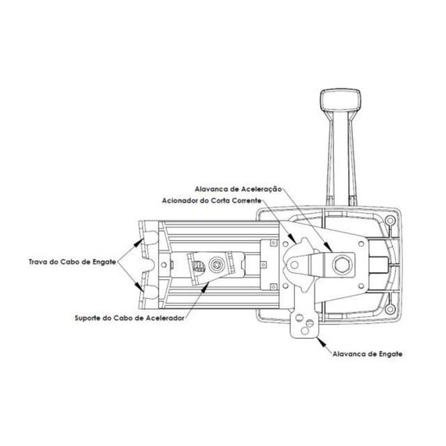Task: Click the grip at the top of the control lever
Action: [x=340, y=102]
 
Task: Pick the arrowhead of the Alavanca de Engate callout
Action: [x=320, y=340]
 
